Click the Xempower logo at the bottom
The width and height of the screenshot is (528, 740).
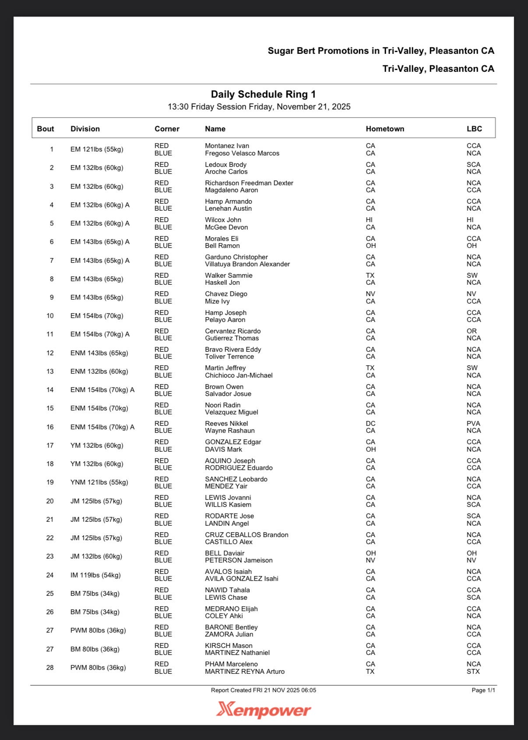(x=264, y=709)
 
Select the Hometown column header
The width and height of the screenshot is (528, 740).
(x=385, y=129)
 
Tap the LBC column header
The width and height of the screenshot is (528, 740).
(x=474, y=129)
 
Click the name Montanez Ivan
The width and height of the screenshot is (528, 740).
(x=227, y=146)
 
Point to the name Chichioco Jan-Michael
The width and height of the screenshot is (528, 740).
(x=239, y=375)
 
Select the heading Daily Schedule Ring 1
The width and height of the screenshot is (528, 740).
(x=263, y=94)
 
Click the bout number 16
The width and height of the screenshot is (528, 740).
(x=50, y=427)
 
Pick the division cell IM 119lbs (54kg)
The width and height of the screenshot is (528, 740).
(x=95, y=575)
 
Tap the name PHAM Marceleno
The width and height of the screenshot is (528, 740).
(x=231, y=664)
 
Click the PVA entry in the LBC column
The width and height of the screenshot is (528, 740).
(x=473, y=424)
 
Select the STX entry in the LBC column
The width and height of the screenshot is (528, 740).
(x=473, y=672)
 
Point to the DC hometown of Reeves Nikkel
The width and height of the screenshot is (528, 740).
(x=370, y=424)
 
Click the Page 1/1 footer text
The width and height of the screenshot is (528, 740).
(x=483, y=690)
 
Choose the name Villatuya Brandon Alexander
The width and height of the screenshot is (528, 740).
(x=247, y=264)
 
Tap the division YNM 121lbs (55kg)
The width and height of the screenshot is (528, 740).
(x=99, y=482)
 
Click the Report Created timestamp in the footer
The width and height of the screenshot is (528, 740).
(x=263, y=690)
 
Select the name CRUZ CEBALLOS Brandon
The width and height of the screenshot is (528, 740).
(x=246, y=535)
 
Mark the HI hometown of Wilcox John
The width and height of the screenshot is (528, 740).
(x=369, y=220)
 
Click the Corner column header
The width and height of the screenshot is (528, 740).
(x=167, y=129)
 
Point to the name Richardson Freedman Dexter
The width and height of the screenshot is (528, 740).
(x=249, y=183)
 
